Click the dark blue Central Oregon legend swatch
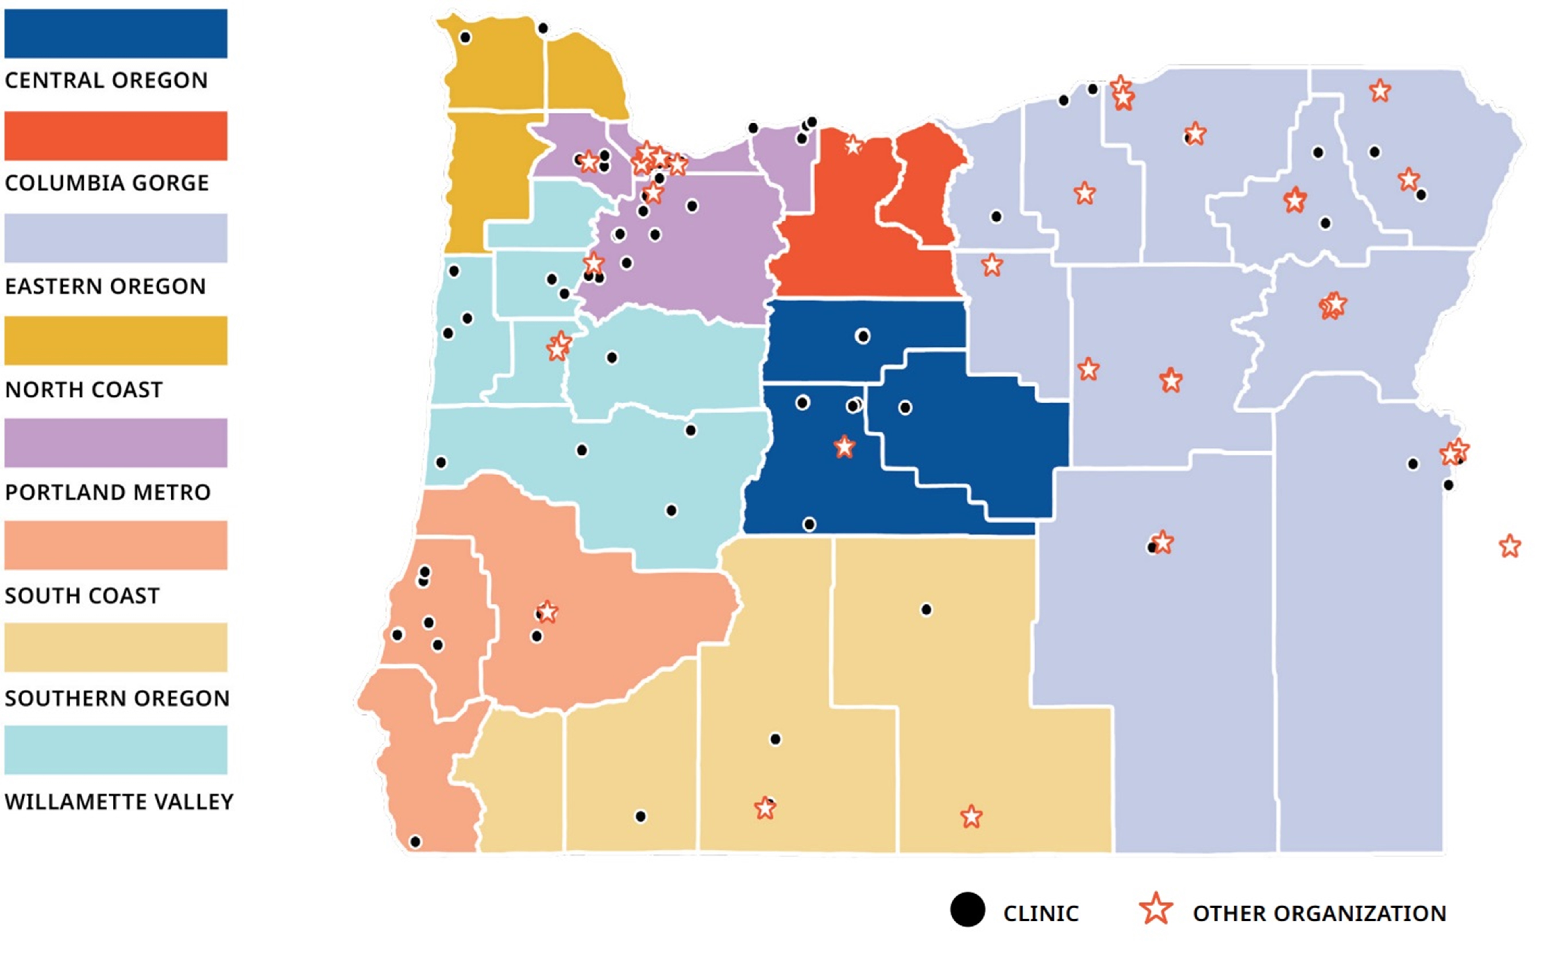(x=116, y=34)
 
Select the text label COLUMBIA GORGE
(x=106, y=183)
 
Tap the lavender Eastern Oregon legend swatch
(x=116, y=238)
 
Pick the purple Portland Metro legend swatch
(x=116, y=443)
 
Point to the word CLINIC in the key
(x=1041, y=913)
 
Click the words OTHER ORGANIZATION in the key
(x=1319, y=913)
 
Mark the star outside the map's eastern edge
(x=1510, y=546)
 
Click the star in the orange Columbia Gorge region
(x=853, y=146)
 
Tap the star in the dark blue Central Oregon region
(x=844, y=447)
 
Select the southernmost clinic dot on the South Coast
(x=415, y=842)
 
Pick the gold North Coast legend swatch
(x=116, y=341)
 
